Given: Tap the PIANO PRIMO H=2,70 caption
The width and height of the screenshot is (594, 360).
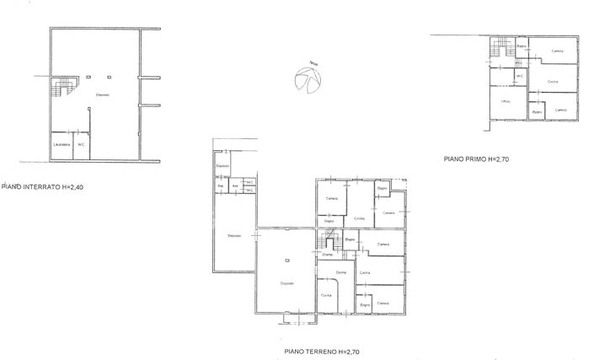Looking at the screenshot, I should click(477, 158).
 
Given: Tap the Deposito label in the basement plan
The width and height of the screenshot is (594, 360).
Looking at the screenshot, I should click(102, 94).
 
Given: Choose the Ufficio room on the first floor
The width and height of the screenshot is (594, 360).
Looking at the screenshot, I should click(506, 102).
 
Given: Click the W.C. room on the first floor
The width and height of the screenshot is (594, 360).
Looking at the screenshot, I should click(520, 76).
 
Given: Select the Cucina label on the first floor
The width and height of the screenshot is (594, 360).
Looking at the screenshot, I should click(553, 81).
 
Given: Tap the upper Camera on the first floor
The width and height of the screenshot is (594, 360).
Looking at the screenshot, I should click(557, 51).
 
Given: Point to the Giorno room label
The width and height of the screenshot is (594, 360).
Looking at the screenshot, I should click(341, 271).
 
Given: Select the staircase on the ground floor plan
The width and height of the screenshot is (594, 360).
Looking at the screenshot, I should click(329, 243).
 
